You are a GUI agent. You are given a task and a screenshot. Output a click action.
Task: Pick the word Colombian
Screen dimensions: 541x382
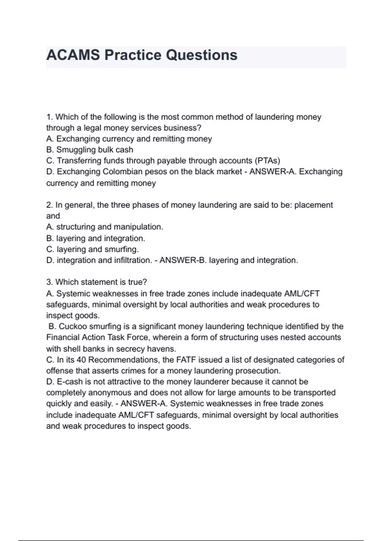(x=123, y=172)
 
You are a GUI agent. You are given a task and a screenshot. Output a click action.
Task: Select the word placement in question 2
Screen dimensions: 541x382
(x=314, y=205)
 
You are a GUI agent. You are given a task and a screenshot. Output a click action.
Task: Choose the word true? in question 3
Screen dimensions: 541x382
(x=138, y=282)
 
